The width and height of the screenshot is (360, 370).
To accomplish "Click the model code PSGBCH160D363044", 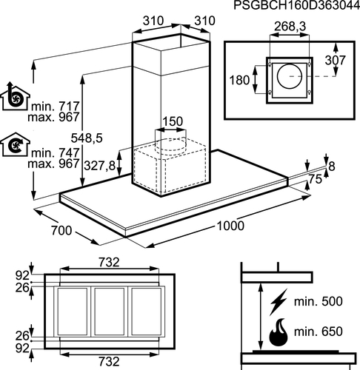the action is click(296, 5).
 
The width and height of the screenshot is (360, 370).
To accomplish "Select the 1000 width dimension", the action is click(230, 226).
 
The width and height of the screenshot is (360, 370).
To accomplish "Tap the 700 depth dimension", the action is click(61, 230).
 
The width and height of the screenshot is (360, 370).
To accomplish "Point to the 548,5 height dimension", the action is click(87, 138).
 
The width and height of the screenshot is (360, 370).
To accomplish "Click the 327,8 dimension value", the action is click(100, 166).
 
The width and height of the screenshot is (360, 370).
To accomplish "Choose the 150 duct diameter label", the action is click(173, 121).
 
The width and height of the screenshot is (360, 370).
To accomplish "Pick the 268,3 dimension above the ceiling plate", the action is click(290, 26).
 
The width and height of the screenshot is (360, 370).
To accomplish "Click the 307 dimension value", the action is click(336, 60).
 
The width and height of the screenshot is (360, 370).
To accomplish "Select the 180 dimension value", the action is click(239, 80).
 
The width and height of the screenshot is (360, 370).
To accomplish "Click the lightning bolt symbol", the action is click(279, 302).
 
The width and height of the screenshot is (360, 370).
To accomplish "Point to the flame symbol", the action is click(279, 332).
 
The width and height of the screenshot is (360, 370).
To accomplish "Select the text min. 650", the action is click(319, 332).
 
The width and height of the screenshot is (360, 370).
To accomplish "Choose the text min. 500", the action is click(319, 301).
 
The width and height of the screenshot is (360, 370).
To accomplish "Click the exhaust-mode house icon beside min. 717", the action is click(15, 96).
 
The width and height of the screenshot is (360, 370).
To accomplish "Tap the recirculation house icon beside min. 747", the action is click(15, 144).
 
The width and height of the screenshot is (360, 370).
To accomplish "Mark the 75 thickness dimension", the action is click(316, 179).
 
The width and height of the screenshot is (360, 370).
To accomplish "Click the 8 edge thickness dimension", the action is click(332, 166).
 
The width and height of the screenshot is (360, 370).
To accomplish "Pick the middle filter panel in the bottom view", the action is click(110, 312).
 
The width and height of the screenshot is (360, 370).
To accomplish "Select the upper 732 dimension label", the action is click(109, 262).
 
